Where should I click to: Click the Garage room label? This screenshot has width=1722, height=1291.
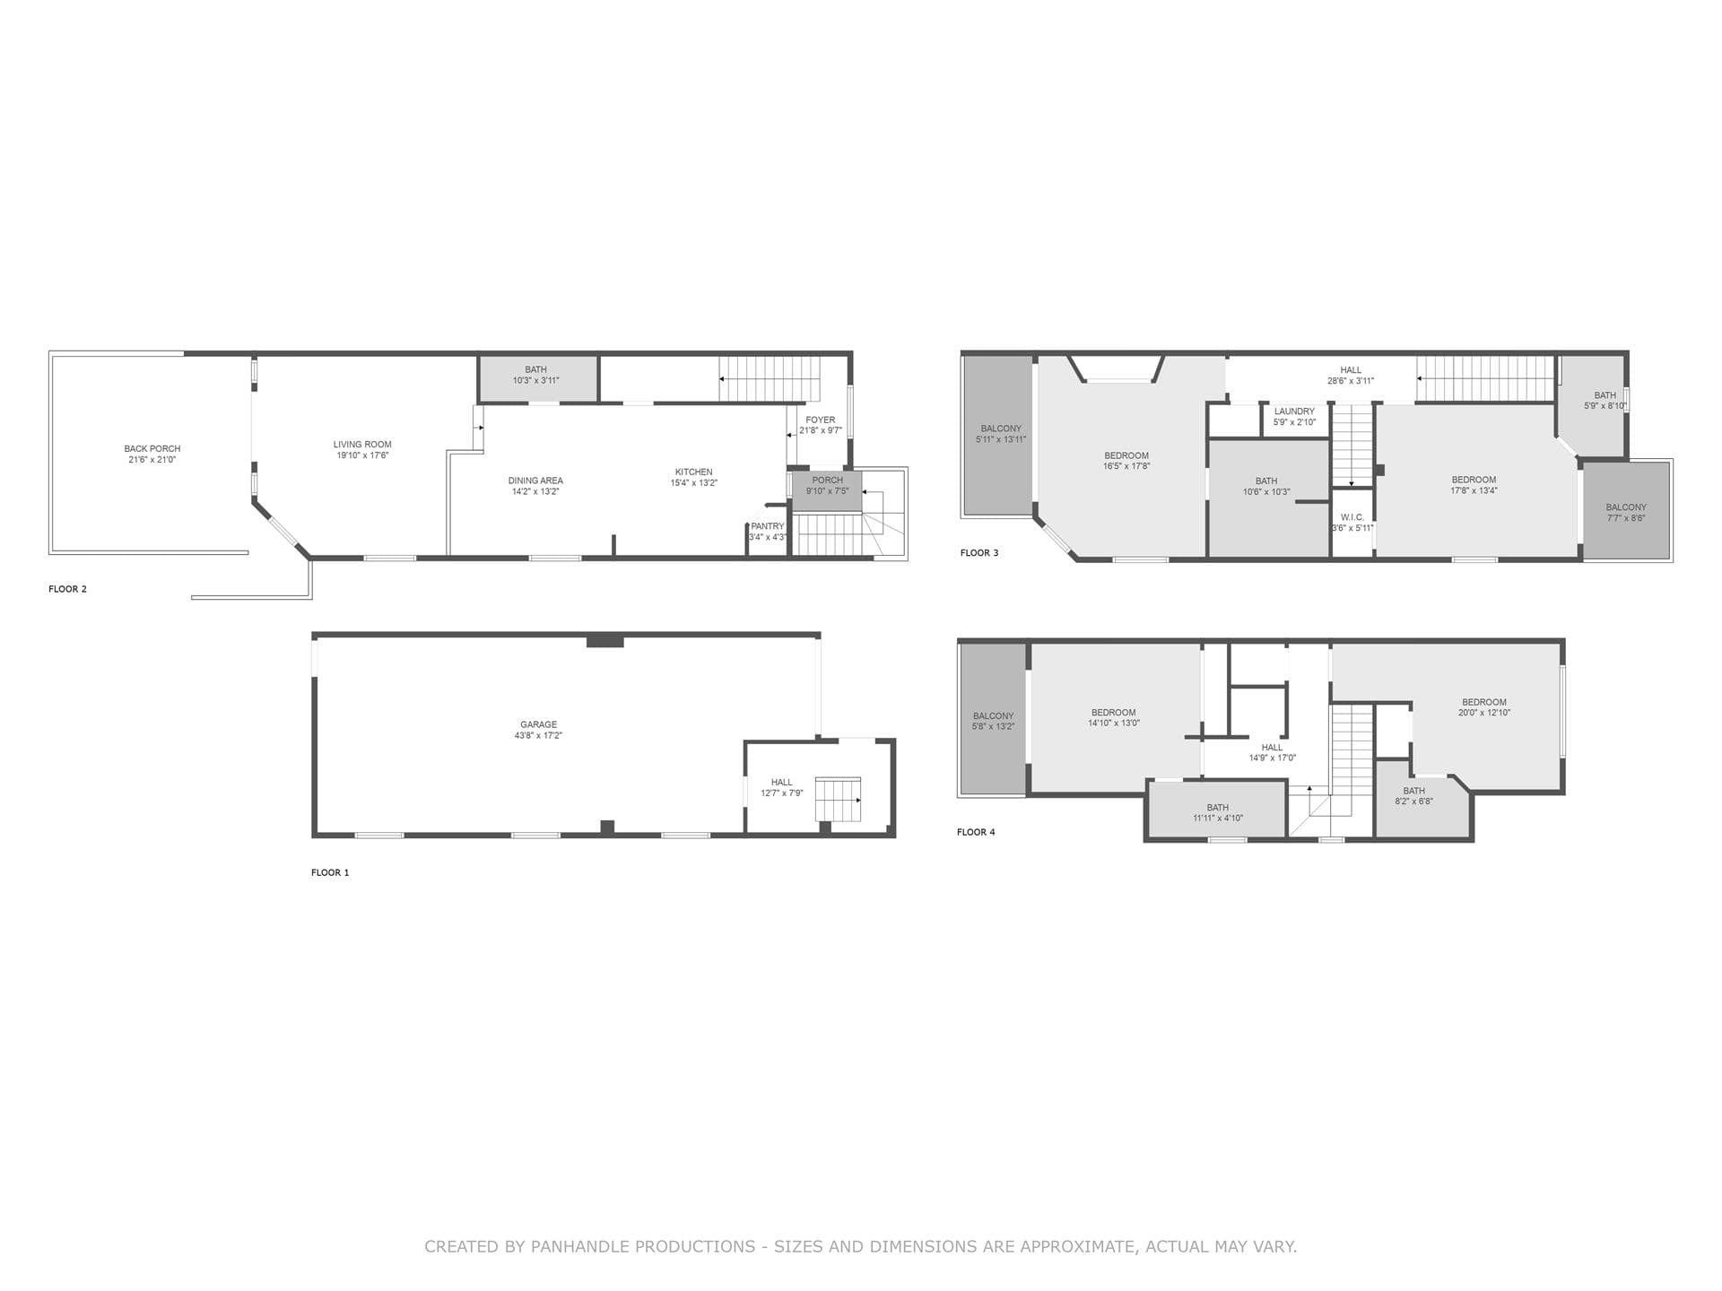click(538, 724)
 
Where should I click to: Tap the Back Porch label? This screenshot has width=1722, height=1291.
click(152, 448)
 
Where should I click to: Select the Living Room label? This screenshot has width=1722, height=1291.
click(362, 445)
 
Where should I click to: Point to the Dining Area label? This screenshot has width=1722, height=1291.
click(535, 481)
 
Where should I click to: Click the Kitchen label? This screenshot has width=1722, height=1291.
click(693, 472)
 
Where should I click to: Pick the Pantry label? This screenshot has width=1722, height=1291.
click(767, 526)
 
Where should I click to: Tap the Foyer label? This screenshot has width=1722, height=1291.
click(820, 420)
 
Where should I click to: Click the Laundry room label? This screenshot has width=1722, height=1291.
click(1293, 412)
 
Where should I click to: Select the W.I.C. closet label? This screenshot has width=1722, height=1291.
click(1352, 517)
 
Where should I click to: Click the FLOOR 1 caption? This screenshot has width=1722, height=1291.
click(330, 872)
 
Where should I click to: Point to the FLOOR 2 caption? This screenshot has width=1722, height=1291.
click(67, 589)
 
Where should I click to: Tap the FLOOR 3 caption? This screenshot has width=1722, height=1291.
click(978, 553)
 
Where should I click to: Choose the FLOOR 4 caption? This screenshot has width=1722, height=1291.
click(976, 832)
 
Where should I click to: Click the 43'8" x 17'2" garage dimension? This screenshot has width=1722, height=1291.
click(538, 736)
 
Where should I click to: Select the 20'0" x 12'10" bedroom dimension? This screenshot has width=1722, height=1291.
click(1483, 714)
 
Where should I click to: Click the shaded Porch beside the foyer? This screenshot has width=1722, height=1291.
click(827, 491)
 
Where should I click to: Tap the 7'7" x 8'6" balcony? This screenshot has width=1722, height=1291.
click(1625, 512)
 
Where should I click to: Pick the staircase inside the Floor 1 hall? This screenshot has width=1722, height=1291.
click(838, 799)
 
